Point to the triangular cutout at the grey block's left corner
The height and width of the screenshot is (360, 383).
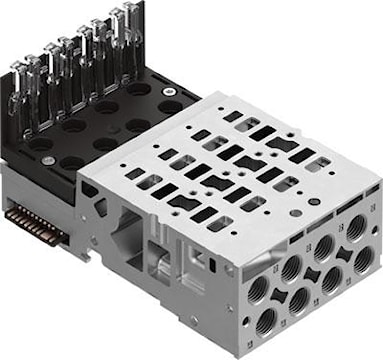pyautogui.click(x=92, y=206)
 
